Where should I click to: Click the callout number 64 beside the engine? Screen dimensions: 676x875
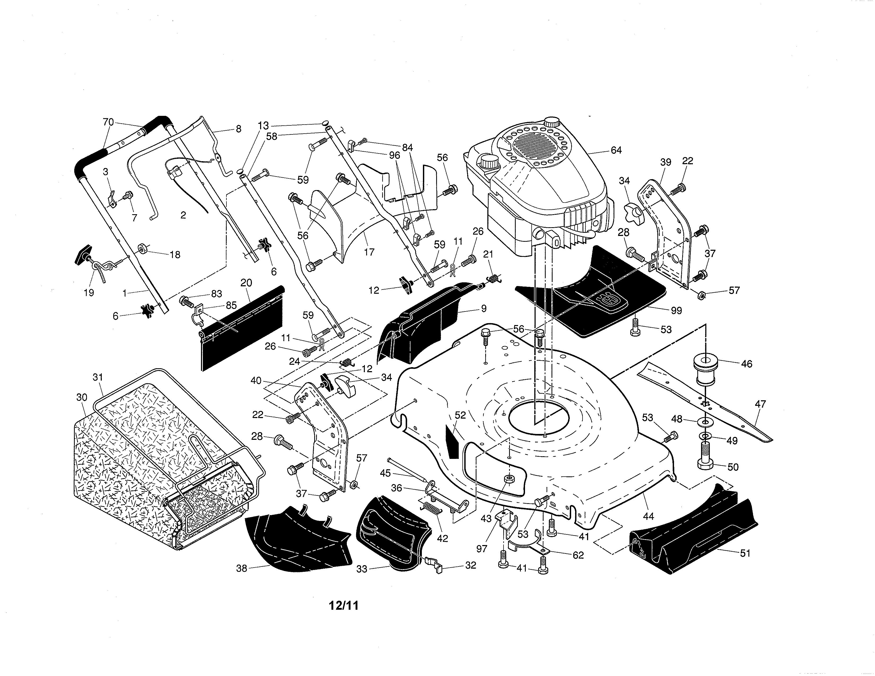click(616, 150)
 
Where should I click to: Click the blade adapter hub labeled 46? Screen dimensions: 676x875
click(706, 369)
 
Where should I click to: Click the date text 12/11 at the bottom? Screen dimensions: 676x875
click(343, 605)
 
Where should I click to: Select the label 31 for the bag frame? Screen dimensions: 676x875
click(98, 377)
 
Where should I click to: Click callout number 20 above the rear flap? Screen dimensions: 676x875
click(246, 283)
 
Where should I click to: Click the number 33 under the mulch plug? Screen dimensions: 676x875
click(362, 569)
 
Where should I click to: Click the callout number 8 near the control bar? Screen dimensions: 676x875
click(238, 129)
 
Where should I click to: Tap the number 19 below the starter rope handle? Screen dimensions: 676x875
click(89, 292)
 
